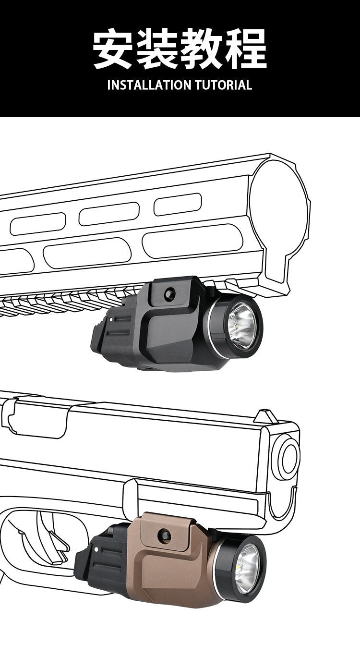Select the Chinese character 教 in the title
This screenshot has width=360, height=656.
[x=202, y=49]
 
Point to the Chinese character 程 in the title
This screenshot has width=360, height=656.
[x=246, y=49]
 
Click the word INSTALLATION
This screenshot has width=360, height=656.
[x=149, y=85]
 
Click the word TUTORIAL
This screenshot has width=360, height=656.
[x=223, y=85]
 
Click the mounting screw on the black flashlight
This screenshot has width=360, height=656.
[x=169, y=293]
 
